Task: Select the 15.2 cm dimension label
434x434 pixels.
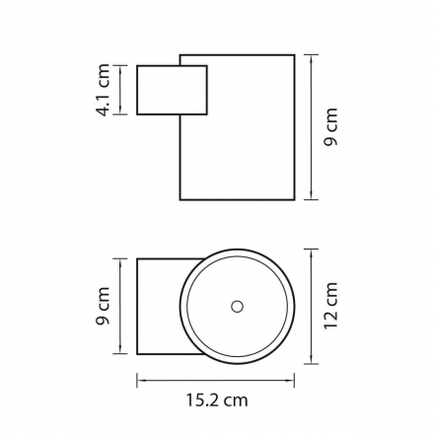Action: click(x=217, y=400)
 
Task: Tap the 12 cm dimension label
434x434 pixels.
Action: click(x=331, y=306)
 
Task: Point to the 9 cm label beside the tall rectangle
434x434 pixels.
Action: click(x=331, y=127)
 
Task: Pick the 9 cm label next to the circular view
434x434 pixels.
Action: click(x=104, y=306)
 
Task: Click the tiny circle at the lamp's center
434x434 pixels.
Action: click(x=237, y=307)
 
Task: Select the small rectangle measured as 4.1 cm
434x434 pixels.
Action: click(x=172, y=90)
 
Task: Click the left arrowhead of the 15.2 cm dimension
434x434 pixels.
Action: click(x=140, y=381)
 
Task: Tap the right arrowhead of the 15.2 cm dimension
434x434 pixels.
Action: click(x=291, y=381)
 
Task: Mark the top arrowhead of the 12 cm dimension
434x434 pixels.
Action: click(x=311, y=253)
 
